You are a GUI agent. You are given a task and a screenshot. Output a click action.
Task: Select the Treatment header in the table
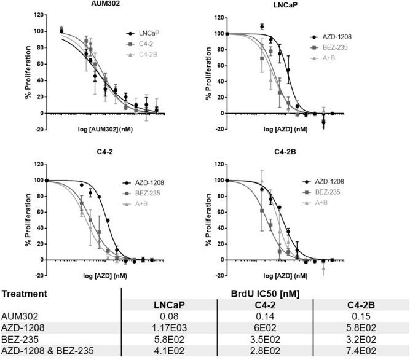[24, 294]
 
